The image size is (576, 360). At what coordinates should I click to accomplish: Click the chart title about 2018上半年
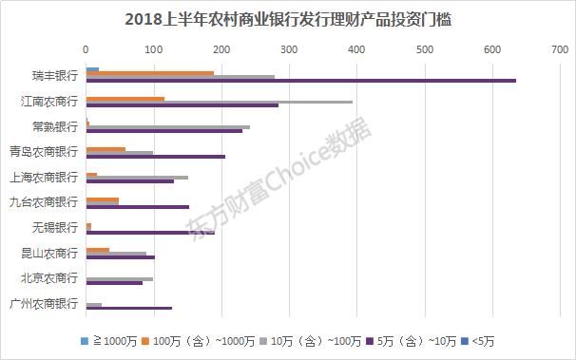287,18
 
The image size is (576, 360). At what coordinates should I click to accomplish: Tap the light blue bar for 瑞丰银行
92,68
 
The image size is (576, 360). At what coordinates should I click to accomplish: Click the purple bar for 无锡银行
150,232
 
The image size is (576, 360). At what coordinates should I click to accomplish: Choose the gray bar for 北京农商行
119,278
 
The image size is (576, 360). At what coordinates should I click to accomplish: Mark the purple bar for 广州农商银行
129,308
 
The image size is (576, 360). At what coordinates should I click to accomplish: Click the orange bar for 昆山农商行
98,249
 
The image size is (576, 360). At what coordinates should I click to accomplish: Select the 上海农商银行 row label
43,177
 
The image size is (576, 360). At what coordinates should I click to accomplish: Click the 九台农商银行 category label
43,201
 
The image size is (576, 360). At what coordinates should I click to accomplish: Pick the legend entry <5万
484,340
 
